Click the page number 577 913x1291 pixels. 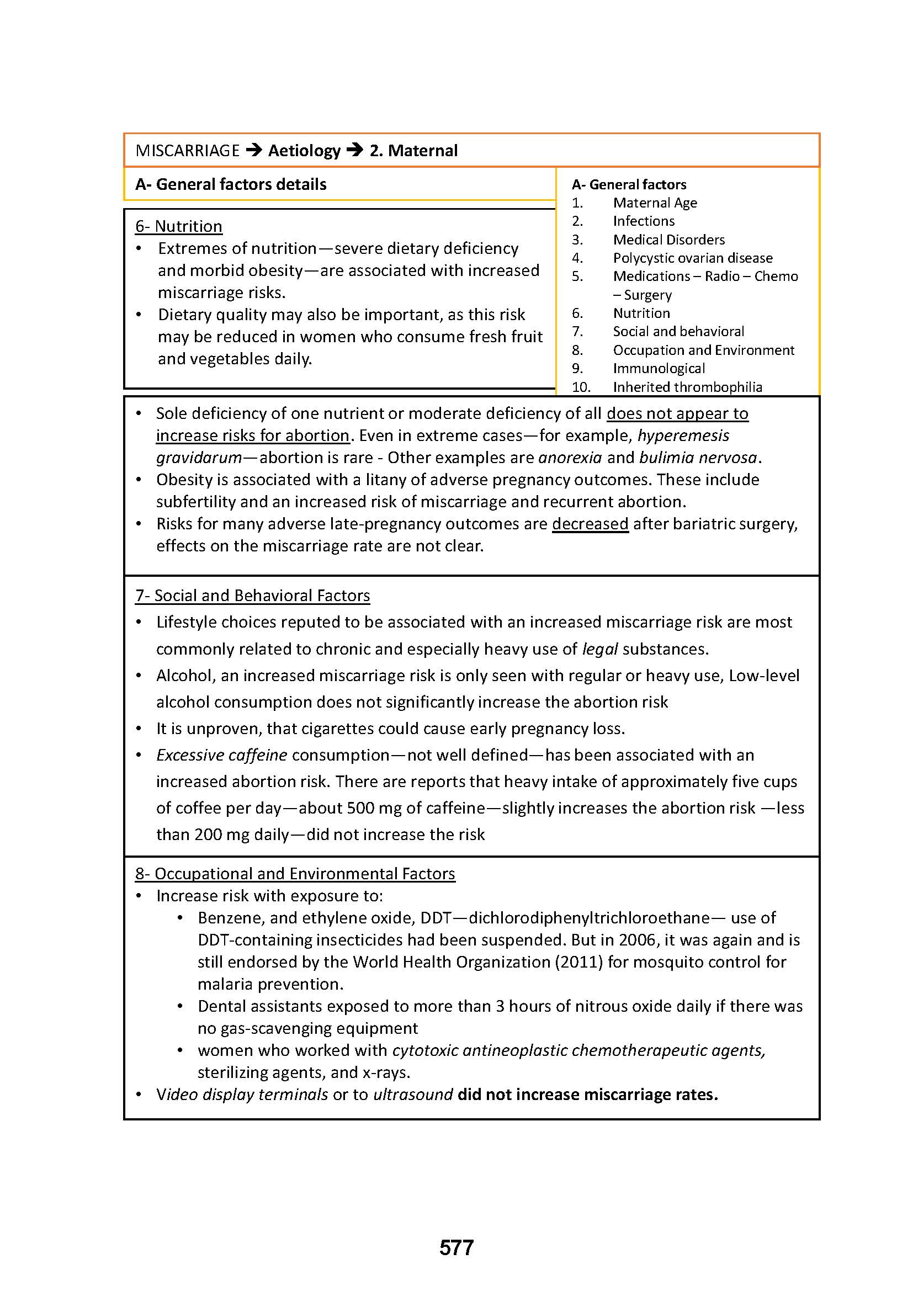click(x=456, y=1247)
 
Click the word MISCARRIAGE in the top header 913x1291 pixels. click(x=187, y=151)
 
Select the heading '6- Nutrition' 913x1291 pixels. click(x=179, y=226)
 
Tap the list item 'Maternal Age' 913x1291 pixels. click(x=655, y=203)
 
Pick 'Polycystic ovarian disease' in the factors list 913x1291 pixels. click(x=693, y=258)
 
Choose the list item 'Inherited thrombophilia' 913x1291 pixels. click(x=688, y=387)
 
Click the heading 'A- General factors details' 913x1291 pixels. click(x=231, y=184)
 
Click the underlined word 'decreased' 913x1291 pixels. click(x=590, y=523)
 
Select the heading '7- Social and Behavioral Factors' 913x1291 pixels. click(x=252, y=596)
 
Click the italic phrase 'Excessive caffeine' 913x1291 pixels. click(x=221, y=755)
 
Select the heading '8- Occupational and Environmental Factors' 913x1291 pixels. click(x=295, y=873)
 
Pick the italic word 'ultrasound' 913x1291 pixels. click(x=413, y=1094)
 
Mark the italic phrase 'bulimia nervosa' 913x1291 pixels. click(x=698, y=457)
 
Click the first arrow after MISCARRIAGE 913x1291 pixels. click(x=254, y=151)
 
